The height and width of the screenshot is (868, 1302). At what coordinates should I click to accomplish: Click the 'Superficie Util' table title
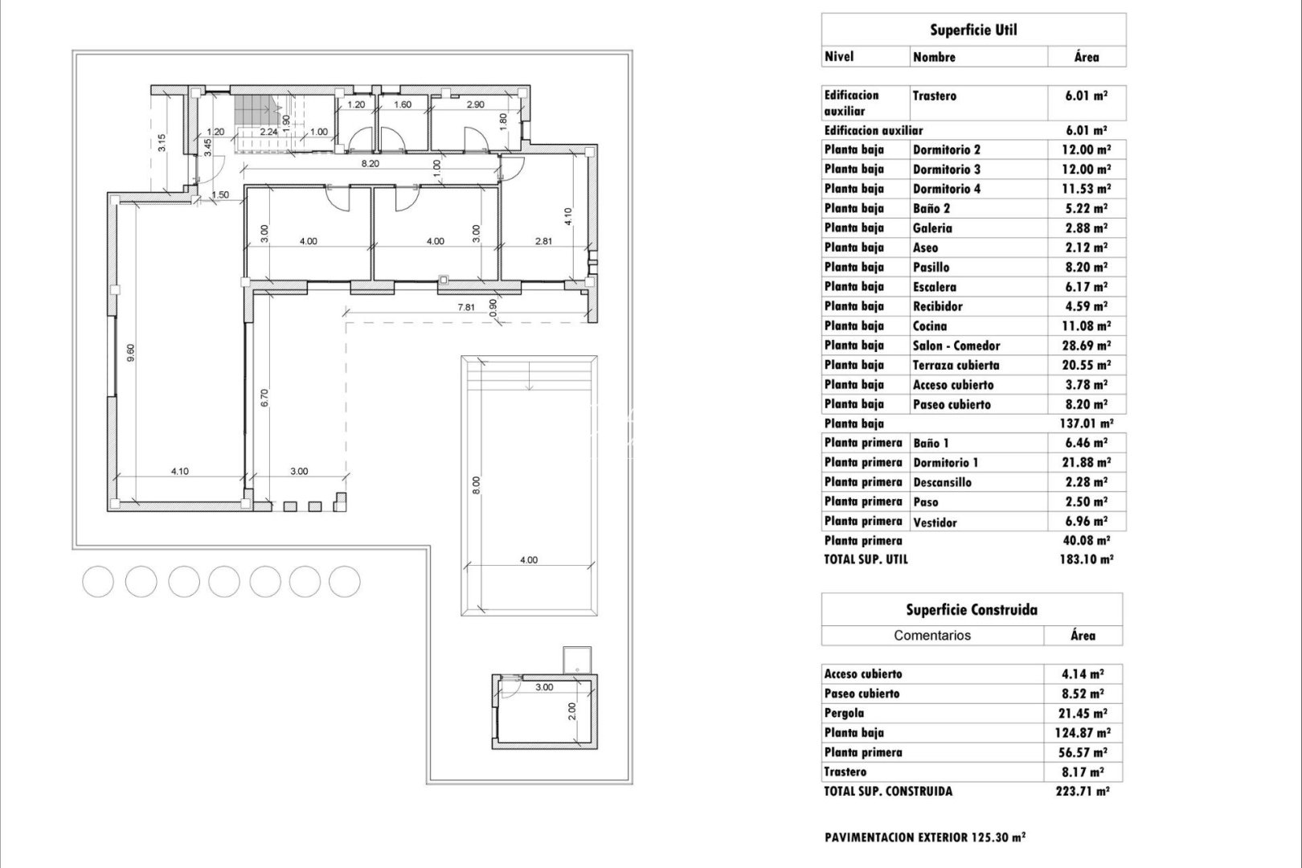click(x=973, y=30)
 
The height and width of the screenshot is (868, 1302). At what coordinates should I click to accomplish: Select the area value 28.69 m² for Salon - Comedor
click(x=1085, y=346)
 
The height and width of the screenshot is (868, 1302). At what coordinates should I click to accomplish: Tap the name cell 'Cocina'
click(x=930, y=326)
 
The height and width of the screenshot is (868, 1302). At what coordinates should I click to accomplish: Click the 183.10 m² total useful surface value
click(x=1086, y=559)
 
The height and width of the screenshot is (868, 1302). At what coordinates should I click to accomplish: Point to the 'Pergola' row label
click(x=844, y=714)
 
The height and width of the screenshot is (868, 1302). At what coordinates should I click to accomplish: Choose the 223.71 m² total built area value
click(x=1083, y=792)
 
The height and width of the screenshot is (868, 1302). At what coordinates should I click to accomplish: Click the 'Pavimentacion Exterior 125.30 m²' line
click(x=925, y=837)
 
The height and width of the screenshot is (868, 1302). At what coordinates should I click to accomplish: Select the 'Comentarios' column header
click(x=932, y=635)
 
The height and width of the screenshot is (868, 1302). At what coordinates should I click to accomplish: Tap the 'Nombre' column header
click(x=934, y=57)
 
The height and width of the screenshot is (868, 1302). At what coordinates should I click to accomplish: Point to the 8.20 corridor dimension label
click(x=370, y=163)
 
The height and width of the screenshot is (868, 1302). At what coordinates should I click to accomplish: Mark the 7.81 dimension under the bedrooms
click(x=466, y=307)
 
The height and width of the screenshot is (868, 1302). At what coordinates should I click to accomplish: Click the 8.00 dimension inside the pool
click(x=476, y=485)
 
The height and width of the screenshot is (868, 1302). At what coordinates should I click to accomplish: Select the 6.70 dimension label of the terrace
click(x=264, y=397)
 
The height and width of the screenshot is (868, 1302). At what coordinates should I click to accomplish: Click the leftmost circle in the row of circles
click(x=98, y=581)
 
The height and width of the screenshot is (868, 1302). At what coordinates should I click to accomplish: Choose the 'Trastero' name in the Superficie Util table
click(x=934, y=96)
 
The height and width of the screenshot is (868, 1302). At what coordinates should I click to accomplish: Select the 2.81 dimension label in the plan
click(x=544, y=241)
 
